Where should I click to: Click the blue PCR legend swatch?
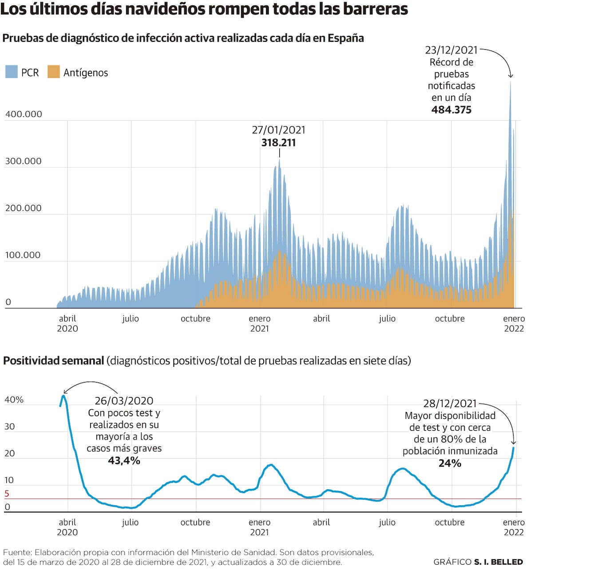click(x=12, y=72)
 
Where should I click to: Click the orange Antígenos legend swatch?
click(x=54, y=72)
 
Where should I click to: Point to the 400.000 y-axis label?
click(x=24, y=114)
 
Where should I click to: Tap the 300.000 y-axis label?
click(x=23, y=161)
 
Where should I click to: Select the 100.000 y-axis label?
click(x=23, y=255)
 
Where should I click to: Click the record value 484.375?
click(x=451, y=110)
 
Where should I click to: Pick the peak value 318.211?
click(x=278, y=143)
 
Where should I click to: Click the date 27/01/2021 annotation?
click(x=278, y=130)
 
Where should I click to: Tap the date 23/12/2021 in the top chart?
click(x=451, y=50)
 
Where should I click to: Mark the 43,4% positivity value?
click(x=124, y=461)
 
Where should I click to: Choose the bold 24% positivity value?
click(x=450, y=463)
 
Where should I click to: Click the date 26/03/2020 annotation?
click(x=124, y=401)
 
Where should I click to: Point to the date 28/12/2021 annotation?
click(x=450, y=403)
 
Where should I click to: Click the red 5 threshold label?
click(x=7, y=494)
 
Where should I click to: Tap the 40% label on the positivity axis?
click(x=14, y=400)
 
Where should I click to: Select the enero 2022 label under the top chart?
click(x=514, y=323)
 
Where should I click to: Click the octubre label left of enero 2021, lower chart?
click(x=195, y=523)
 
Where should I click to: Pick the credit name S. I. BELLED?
click(x=498, y=562)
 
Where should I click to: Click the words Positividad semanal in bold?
click(x=53, y=361)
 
